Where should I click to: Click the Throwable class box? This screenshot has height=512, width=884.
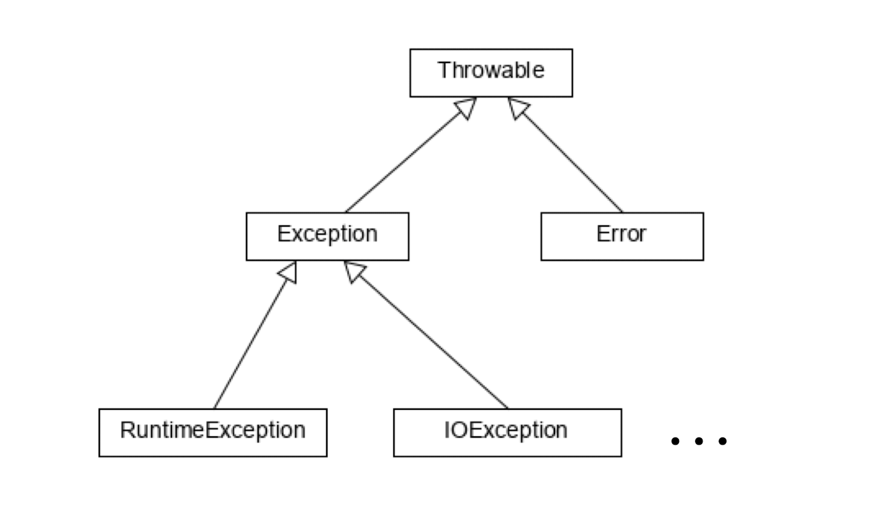491,73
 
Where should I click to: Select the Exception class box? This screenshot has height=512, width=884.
327,236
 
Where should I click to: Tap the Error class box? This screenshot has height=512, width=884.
622,236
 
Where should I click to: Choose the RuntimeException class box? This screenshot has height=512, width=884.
213,433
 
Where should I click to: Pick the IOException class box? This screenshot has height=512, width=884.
507,433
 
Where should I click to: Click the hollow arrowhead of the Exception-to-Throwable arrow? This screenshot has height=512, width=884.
465,108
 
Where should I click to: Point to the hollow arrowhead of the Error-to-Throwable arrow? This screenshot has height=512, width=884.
518,108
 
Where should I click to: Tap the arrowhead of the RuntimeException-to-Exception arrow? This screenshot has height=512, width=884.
289,272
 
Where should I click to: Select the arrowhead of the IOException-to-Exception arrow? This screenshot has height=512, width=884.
355,272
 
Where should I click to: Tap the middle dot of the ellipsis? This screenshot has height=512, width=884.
699,441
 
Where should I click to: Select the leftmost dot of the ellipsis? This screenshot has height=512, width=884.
675,441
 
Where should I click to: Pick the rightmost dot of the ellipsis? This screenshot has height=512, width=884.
722,441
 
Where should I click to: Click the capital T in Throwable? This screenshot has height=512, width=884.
444,70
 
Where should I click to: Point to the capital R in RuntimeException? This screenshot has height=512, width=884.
126,430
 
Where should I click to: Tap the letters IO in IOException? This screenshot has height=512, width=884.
454,430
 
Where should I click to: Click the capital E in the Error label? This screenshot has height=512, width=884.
602,234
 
